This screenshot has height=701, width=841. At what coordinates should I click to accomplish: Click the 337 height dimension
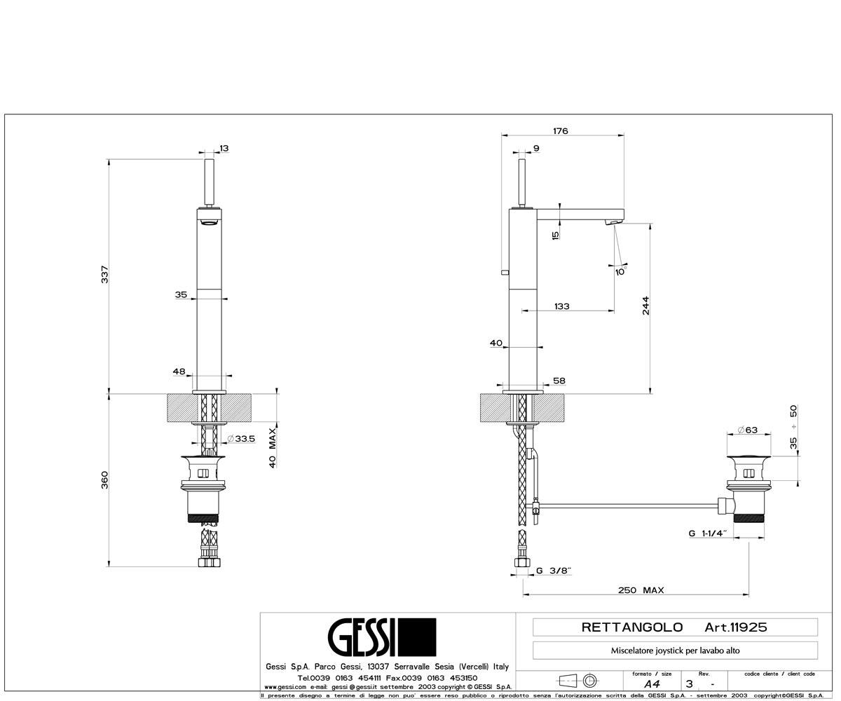104,274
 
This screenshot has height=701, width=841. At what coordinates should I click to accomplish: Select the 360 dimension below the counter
104,479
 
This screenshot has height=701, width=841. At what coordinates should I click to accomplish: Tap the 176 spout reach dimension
560,131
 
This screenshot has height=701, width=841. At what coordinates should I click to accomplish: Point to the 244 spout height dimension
645,306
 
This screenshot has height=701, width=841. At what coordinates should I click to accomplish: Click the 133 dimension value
562,306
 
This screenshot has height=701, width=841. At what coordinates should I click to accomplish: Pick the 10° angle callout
621,271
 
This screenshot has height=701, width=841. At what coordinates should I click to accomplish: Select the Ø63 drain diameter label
748,430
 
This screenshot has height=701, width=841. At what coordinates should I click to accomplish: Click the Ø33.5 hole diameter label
241,438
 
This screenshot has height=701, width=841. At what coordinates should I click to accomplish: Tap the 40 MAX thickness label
273,448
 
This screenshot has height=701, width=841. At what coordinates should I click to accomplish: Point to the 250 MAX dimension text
641,590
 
